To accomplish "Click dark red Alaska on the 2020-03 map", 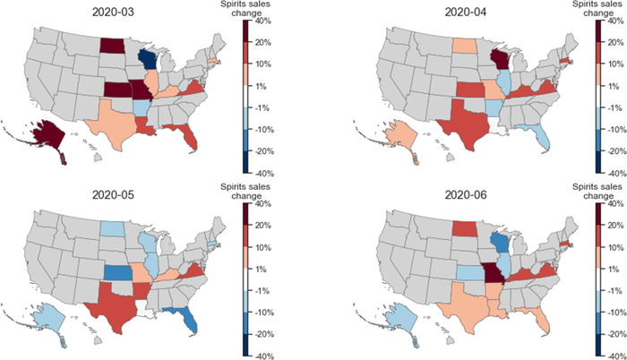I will coord(44,133).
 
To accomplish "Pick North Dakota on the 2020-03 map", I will coord(112,47).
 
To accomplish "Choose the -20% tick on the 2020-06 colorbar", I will coord(617,330).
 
